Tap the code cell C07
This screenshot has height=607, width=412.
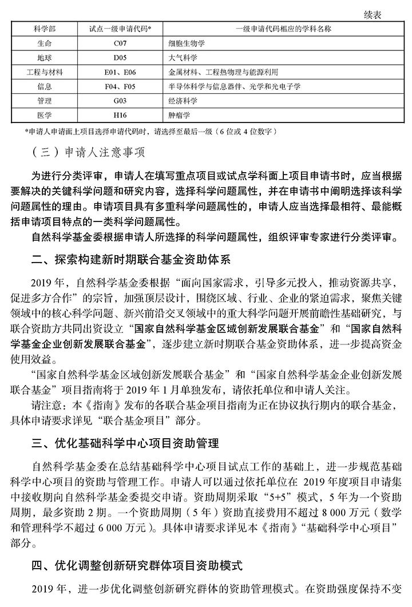coord(120,43)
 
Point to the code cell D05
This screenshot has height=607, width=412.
coord(120,58)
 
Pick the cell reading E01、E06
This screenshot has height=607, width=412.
coord(120,73)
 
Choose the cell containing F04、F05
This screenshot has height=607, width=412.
coord(120,87)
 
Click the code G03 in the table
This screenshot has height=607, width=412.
coord(120,101)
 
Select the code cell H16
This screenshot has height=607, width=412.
coord(120,116)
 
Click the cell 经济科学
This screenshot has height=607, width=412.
coord(183,101)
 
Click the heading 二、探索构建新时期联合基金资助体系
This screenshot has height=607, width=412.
coord(131,260)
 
